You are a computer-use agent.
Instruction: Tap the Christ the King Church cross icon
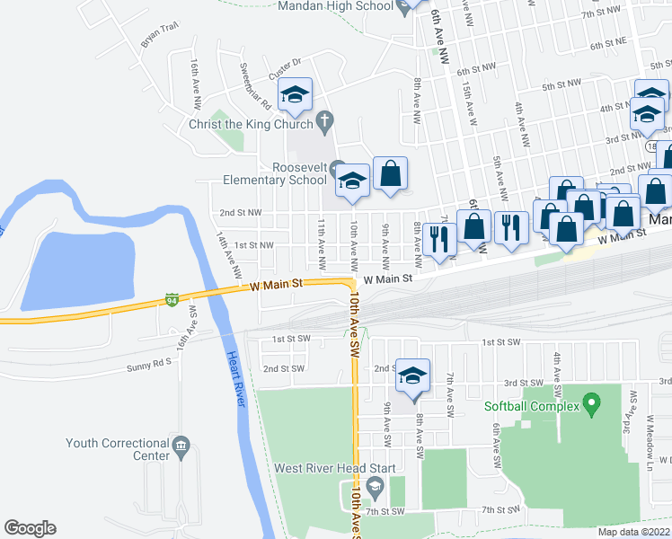point(326,120)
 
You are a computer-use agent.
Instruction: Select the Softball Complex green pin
point(591,406)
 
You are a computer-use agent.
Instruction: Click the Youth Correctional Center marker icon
point(181,445)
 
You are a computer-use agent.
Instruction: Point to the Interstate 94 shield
point(172,299)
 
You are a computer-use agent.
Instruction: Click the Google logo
point(30,528)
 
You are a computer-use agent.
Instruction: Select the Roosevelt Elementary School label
point(300,173)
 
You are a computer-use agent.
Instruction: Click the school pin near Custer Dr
point(294,94)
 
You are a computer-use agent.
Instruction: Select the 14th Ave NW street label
point(228,254)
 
